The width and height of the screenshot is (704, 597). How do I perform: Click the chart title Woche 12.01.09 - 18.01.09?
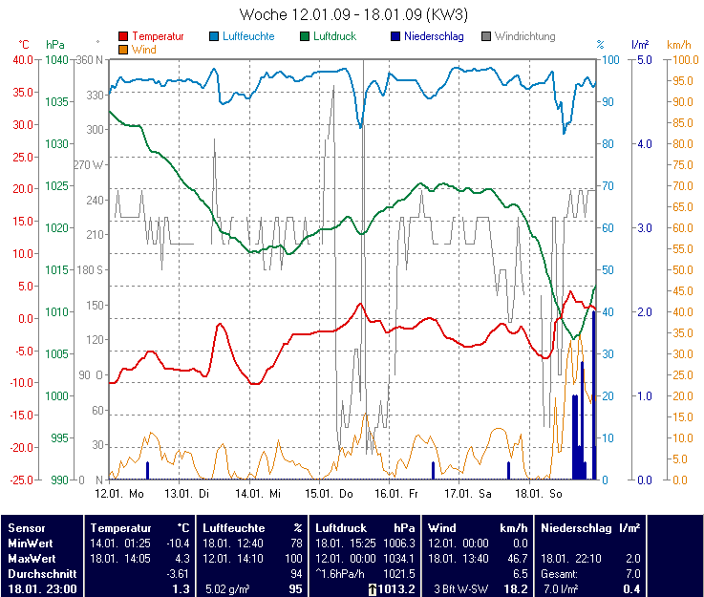pos(353,14)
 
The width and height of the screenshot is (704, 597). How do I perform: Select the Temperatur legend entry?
pos(157,36)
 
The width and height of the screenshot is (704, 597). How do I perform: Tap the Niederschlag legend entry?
pos(433,36)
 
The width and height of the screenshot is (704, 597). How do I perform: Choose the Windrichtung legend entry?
pos(524,36)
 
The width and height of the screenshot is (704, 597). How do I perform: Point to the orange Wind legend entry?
pos(143,49)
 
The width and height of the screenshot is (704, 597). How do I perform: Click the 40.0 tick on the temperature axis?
pos(21,59)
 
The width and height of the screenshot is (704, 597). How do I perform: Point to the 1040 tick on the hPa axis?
pos(56,59)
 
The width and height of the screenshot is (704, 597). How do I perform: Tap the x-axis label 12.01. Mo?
pos(119,494)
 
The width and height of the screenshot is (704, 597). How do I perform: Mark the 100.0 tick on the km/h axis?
pos(680,59)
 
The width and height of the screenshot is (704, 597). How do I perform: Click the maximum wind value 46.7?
pos(516,558)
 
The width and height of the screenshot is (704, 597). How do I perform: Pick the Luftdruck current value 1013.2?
pos(395,589)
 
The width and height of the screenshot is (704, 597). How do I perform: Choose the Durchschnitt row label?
pos(38,573)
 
